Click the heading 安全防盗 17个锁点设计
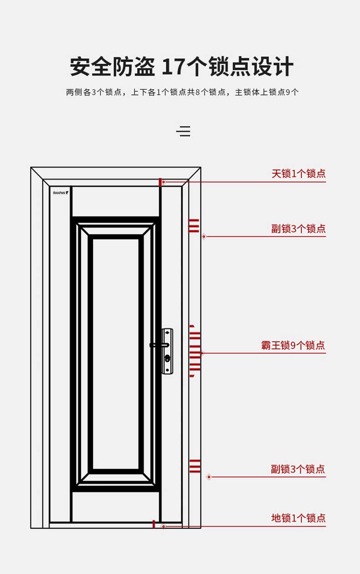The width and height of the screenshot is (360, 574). point(181,67)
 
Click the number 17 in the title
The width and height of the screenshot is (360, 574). point(173,67)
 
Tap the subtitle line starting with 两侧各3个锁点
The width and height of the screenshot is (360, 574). point(182,92)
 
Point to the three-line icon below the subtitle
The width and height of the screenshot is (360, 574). point(183,131)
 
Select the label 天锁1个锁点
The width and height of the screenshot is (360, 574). point(298,174)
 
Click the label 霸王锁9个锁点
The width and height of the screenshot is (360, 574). point(293,345)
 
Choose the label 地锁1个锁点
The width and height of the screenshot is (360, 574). point(298,518)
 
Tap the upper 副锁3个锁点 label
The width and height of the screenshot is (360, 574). point(298,228)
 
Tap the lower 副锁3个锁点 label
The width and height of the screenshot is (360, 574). point(298,469)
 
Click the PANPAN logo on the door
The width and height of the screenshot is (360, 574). point(61,193)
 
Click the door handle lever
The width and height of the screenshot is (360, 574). point(159,345)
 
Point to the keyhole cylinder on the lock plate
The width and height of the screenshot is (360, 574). point(167,358)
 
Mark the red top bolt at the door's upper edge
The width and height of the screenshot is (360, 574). point(160,182)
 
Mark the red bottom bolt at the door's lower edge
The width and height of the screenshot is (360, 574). point(154,524)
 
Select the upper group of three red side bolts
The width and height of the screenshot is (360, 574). point(194,226)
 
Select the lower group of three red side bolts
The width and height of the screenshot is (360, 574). point(195,466)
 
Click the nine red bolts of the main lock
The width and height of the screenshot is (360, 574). point(195,351)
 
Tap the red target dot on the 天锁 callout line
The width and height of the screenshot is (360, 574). point(164,182)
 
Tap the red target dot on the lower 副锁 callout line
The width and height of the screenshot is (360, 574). point(209,477)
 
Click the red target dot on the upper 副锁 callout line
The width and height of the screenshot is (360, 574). point(204,236)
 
